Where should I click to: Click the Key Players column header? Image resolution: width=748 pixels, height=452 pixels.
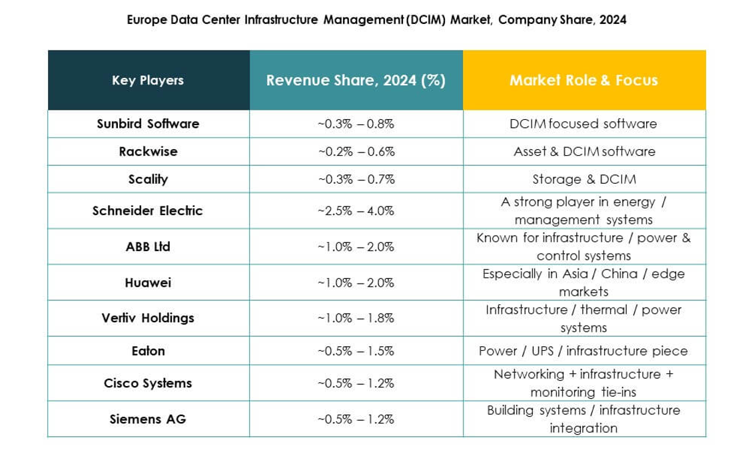click(x=148, y=81)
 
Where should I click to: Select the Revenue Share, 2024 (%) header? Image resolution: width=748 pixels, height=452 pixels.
click(x=356, y=81)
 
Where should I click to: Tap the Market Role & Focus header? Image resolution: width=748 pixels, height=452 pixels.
click(x=583, y=81)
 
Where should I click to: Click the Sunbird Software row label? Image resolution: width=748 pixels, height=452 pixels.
click(x=148, y=124)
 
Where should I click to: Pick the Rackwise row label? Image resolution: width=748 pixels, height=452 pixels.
click(x=148, y=152)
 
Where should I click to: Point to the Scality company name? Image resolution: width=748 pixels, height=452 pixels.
click(x=148, y=179)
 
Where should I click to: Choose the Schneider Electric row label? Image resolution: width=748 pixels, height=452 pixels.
click(x=148, y=211)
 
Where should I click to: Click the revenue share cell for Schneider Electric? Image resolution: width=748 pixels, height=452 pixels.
click(x=356, y=211)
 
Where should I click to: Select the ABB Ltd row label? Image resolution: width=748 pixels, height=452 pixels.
click(x=148, y=247)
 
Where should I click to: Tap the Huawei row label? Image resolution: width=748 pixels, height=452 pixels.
click(x=148, y=283)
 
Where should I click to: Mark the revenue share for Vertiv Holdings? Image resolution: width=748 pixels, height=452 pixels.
click(x=356, y=318)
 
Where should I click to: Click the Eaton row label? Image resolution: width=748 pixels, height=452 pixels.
click(x=148, y=351)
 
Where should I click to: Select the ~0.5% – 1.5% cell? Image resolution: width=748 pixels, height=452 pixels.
click(x=356, y=351)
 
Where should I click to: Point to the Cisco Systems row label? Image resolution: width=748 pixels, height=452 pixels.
click(x=148, y=383)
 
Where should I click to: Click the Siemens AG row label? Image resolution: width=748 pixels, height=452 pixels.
click(x=148, y=419)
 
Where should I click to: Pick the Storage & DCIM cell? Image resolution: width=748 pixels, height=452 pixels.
click(x=583, y=179)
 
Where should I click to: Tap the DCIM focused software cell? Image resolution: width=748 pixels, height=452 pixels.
click(x=583, y=124)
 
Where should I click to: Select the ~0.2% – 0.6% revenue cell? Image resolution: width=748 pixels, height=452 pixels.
click(x=356, y=152)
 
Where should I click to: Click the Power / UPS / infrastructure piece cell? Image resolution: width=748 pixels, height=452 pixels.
click(x=583, y=351)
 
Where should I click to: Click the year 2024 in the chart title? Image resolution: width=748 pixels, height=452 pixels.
click(x=612, y=20)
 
